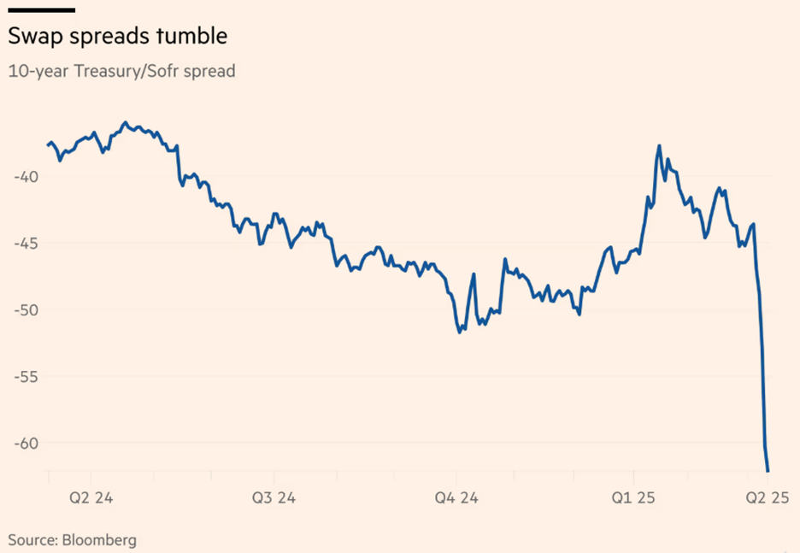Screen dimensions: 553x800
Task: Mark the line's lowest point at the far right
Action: pyautogui.click(x=768, y=471)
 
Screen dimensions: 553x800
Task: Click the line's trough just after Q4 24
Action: pyautogui.click(x=460, y=332)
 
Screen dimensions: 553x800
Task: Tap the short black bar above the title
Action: pyautogui.click(x=41, y=10)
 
